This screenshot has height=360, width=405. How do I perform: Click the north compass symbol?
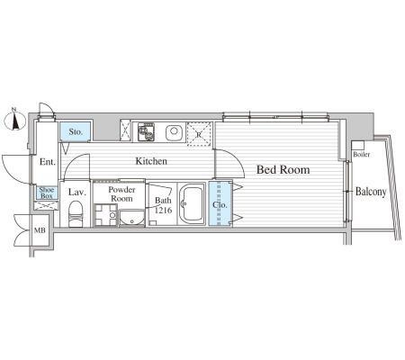click(x=14, y=121)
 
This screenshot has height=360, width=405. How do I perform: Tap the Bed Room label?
click(x=283, y=170)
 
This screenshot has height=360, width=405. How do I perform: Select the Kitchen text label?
click(x=151, y=161)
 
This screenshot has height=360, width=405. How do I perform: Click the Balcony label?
click(x=371, y=192)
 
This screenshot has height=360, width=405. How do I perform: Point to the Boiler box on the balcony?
click(x=358, y=146)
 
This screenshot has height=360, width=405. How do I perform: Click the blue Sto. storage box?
click(x=76, y=131)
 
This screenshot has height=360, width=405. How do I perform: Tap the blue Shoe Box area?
click(x=47, y=193)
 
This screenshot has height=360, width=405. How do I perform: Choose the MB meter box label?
click(x=40, y=230)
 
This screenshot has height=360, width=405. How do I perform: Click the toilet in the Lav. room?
click(x=75, y=213)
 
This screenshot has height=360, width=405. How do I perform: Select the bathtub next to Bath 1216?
click(x=192, y=203)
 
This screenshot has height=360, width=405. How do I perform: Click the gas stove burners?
click(x=147, y=132)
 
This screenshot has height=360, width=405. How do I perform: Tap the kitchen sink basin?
click(x=174, y=132)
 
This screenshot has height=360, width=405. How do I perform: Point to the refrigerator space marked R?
click(x=199, y=134)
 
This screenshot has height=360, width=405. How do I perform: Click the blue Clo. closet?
click(x=220, y=203)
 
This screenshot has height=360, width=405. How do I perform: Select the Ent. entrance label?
click(x=48, y=162)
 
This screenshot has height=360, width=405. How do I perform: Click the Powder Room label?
click(x=121, y=194)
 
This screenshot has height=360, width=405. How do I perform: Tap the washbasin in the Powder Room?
click(x=131, y=219)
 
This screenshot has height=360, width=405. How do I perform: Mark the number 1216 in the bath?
click(x=164, y=210)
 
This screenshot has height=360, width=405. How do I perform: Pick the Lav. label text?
click(x=77, y=193)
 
